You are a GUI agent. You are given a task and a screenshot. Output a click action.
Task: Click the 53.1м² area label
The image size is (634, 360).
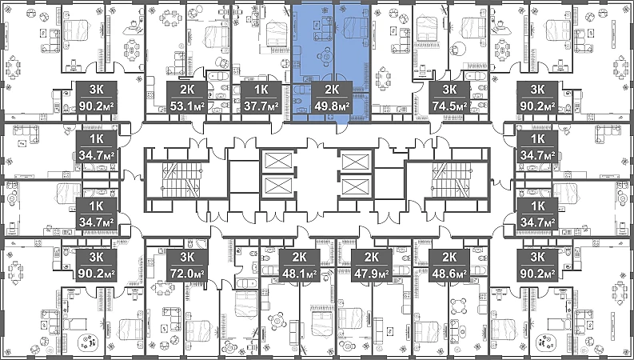click(x=187, y=106)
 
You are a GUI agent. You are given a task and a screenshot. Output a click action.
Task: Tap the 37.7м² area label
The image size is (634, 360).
click(x=261, y=106)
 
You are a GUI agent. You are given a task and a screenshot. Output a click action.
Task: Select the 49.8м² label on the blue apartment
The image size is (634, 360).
click(x=332, y=106)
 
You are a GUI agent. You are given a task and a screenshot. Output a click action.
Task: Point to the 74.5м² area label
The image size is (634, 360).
click(x=449, y=106)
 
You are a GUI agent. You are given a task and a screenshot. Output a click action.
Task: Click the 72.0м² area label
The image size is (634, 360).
click(x=187, y=274)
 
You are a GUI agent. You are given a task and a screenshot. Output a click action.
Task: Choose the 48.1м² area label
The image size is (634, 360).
click(x=299, y=274)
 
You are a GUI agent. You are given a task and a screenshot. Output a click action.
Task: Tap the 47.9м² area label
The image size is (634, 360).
click(x=371, y=274)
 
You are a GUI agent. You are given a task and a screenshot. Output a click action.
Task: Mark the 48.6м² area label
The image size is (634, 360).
click(x=449, y=274)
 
